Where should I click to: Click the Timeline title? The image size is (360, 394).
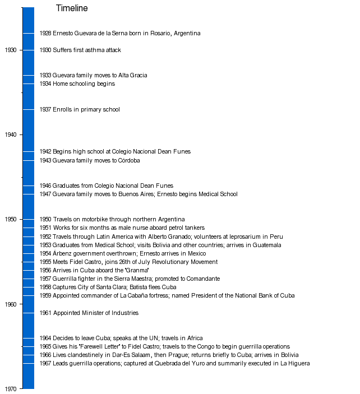(72, 8)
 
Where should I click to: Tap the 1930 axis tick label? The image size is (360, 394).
(11, 50)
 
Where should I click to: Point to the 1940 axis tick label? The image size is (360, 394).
(11, 135)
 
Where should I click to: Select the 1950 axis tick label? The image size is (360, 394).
(11, 220)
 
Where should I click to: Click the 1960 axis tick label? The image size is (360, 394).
(11, 304)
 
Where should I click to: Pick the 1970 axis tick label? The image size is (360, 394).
(11, 389)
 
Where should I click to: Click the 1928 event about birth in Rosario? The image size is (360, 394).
(120, 34)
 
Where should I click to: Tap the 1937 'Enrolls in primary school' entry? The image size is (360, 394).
(80, 110)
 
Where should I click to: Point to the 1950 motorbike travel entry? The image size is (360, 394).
(112, 220)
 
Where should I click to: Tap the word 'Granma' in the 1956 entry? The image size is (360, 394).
(137, 271)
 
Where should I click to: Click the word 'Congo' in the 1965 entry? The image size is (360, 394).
(206, 347)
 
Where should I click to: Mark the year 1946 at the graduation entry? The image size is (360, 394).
(45, 186)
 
